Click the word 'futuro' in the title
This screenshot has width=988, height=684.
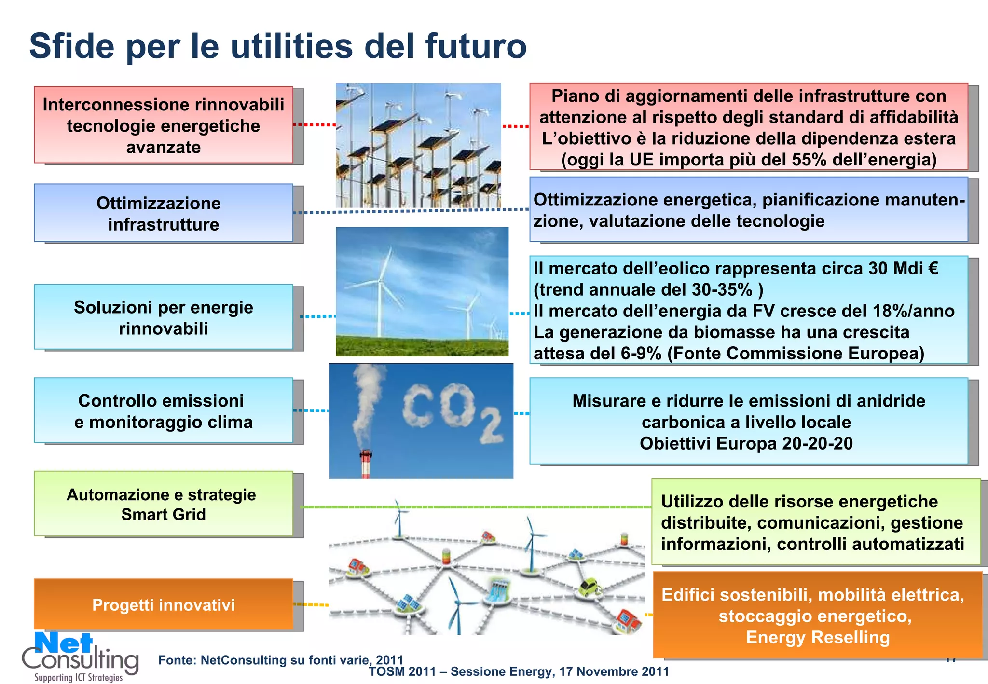click(x=475, y=47)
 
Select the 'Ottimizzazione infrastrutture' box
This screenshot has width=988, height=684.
click(x=163, y=213)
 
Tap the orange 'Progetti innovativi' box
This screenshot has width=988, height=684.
click(x=163, y=604)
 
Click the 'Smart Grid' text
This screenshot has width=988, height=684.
click(x=163, y=515)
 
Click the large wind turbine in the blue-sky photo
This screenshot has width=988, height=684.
click(x=382, y=289)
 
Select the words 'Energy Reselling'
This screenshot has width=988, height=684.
click(x=817, y=638)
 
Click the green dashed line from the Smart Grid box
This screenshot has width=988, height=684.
click(x=475, y=507)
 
